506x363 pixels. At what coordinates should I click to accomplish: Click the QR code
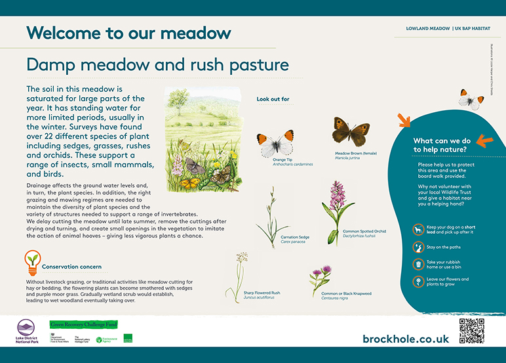coord(471,331)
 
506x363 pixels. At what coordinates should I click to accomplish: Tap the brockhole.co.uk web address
coord(405,338)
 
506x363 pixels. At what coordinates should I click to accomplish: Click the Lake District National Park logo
coord(26,331)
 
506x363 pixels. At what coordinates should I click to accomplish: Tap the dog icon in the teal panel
coord(418,229)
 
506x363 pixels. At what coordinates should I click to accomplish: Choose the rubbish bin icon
coord(418,264)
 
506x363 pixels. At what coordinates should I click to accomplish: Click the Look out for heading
coord(273,99)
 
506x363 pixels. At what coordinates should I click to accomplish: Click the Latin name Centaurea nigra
coord(338,297)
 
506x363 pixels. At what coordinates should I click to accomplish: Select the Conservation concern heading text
coord(71,267)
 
